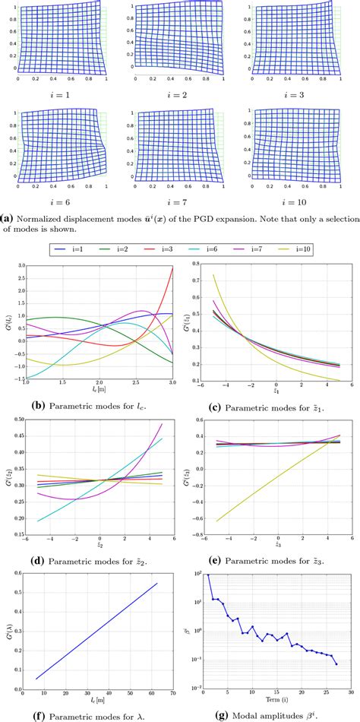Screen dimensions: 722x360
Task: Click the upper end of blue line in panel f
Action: (x=157, y=584)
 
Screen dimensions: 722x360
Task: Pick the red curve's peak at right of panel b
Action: (x=174, y=268)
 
